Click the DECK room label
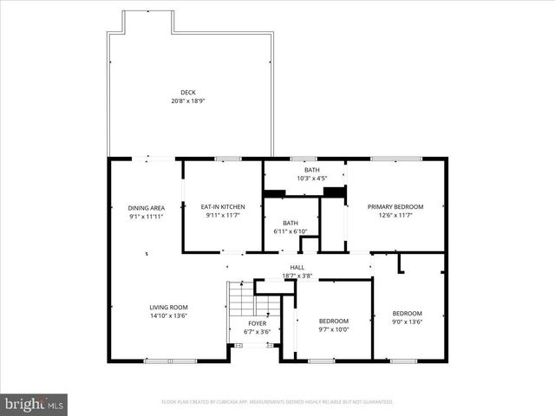point(188,92)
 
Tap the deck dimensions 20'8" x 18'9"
point(188,101)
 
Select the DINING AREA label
point(147,208)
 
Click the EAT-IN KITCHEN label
point(223,207)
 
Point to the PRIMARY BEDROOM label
point(395,206)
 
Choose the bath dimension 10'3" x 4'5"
point(311,179)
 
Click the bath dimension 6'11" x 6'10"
point(290,231)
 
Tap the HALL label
point(297,268)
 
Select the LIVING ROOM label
point(168,307)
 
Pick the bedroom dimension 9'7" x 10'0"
point(333,328)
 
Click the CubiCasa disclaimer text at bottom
point(277,402)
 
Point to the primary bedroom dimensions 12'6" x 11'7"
point(395,215)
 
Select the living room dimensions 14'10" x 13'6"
point(168,315)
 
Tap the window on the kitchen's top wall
point(227,159)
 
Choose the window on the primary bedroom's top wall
point(396,159)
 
